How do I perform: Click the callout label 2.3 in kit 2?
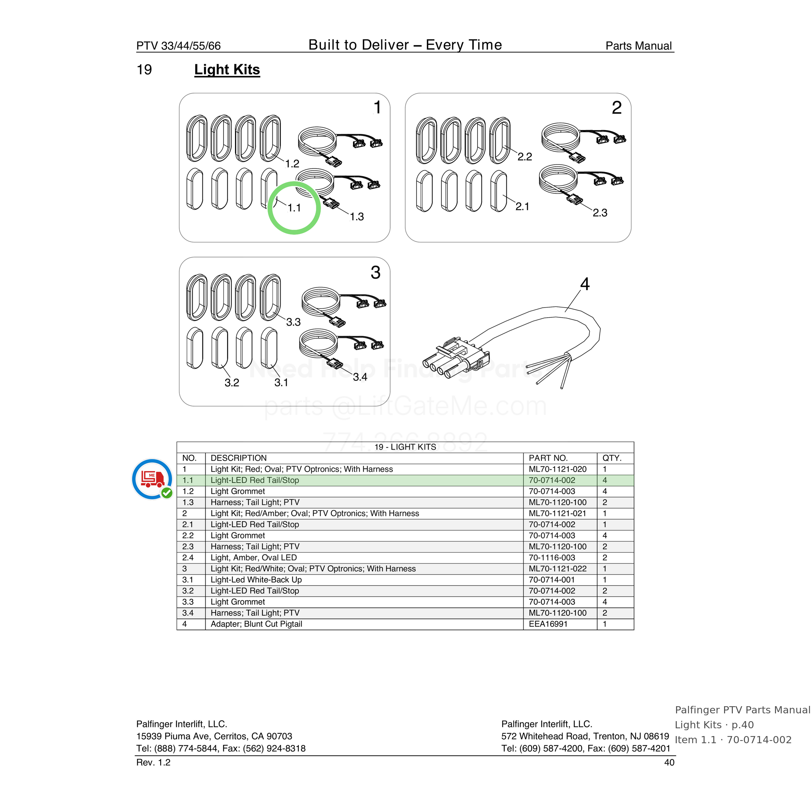[600, 213]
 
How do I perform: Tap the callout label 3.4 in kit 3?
[360, 377]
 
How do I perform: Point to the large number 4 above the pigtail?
[585, 284]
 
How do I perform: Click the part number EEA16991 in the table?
[548, 624]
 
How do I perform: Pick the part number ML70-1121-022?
[557, 569]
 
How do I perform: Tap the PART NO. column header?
[548, 458]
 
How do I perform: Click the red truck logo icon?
[152, 479]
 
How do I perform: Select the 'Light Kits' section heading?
[227, 70]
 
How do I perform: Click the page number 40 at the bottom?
[669, 762]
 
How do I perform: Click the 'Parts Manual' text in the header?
[638, 46]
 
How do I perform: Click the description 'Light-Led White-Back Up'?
[256, 580]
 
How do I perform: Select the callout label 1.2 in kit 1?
[292, 164]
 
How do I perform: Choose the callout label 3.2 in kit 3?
[232, 383]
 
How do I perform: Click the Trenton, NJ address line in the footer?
[585, 736]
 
